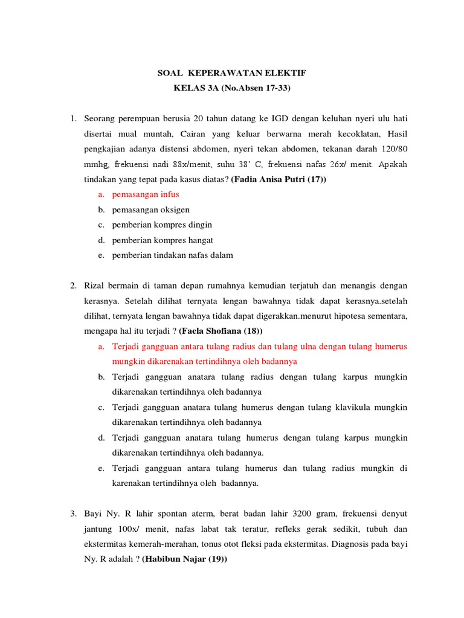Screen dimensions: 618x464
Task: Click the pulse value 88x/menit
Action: (169, 164)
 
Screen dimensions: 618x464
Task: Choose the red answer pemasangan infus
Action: (146, 194)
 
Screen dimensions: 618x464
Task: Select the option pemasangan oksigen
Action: (150, 209)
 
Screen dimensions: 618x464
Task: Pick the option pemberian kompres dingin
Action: (162, 225)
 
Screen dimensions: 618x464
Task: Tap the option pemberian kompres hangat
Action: (163, 240)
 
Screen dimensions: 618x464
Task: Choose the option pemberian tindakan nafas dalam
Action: (172, 255)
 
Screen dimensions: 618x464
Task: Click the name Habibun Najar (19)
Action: (184, 559)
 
